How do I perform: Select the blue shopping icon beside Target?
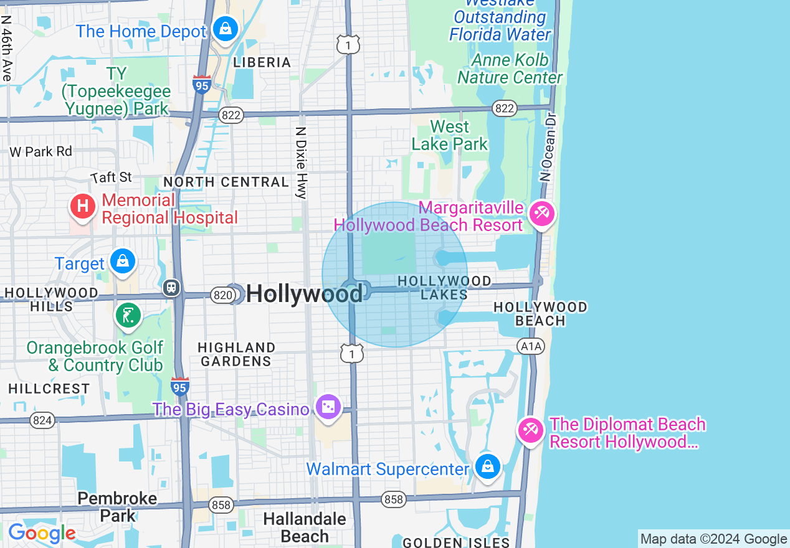click(123, 261)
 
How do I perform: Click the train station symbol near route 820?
click(171, 288)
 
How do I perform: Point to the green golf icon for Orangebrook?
click(128, 315)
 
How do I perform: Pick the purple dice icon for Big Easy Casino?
click(328, 407)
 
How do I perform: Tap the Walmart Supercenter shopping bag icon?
click(487, 466)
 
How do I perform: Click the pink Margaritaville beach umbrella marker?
click(541, 215)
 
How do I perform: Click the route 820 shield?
click(222, 295)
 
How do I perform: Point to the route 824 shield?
click(42, 420)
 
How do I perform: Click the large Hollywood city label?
click(304, 293)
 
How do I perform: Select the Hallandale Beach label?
click(304, 527)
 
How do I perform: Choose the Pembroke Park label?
click(117, 507)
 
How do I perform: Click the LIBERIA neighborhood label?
click(262, 62)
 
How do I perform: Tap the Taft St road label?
click(112, 177)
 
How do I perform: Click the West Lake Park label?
click(449, 135)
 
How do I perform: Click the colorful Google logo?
click(42, 533)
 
